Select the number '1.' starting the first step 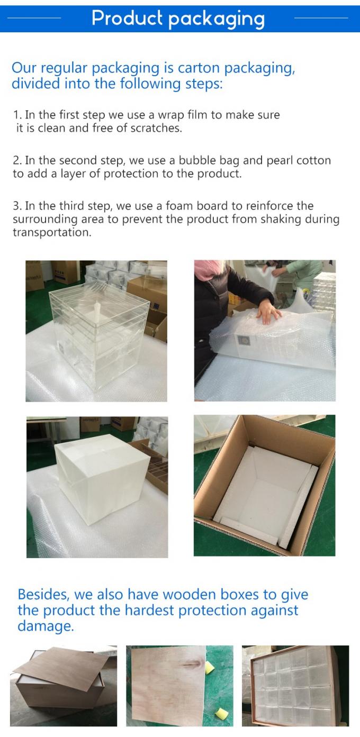point(17,115)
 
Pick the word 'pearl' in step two point(274,161)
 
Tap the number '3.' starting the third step point(17,206)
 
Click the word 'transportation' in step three point(52,233)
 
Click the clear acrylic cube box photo point(96,331)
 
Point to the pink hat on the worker point(203,270)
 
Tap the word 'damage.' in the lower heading point(45,626)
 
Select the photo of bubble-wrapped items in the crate point(295,685)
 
